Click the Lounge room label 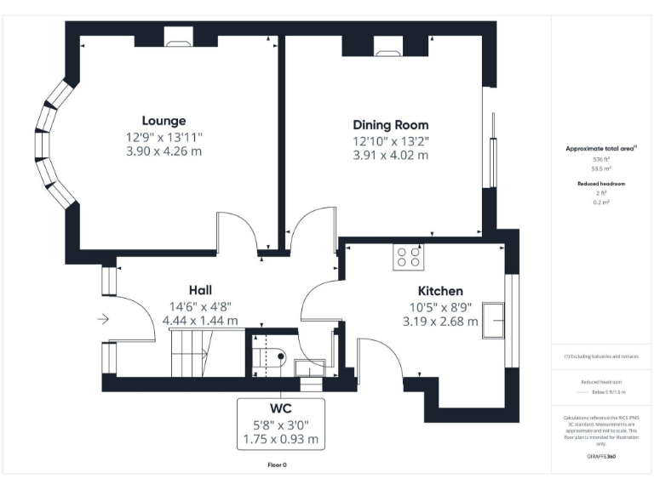(163, 120)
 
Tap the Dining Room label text (391, 124)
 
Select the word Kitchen (439, 290)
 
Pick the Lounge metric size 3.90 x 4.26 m (163, 151)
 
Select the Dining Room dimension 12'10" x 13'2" (391, 140)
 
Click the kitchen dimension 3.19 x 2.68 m (439, 321)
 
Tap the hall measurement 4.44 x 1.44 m (200, 321)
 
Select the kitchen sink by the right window (493, 318)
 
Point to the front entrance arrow (103, 319)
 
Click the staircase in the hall (191, 353)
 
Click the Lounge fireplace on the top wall (179, 37)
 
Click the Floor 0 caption (278, 464)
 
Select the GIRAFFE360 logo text (601, 457)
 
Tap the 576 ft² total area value (601, 160)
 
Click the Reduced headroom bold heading (601, 184)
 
